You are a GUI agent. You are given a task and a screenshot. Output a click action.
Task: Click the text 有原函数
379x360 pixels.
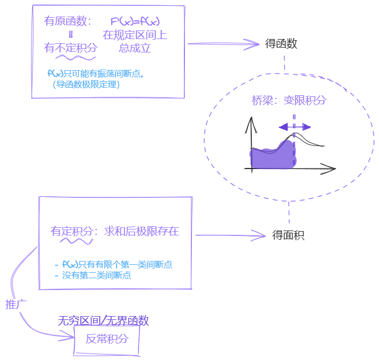68,21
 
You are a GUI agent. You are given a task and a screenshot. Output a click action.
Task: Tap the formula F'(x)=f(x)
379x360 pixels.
135,21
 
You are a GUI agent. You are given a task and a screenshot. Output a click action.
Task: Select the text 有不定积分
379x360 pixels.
71,48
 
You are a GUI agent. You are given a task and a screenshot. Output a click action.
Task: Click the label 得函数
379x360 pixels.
281,44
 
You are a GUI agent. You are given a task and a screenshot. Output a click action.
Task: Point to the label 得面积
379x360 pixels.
288,235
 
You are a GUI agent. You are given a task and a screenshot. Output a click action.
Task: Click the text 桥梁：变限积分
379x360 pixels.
289,100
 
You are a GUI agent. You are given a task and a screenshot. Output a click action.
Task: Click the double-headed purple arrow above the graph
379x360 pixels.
295,127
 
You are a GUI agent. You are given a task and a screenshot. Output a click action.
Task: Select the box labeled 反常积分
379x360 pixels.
107,339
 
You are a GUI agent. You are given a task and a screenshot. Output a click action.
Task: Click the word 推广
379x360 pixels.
16,304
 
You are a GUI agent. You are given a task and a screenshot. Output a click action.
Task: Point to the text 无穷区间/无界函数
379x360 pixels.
103,320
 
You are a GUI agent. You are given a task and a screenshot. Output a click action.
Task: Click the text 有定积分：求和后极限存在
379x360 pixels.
114,231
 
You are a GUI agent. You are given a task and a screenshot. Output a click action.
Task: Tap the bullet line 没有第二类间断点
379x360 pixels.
96,276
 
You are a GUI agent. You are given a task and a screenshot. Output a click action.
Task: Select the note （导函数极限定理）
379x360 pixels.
86,84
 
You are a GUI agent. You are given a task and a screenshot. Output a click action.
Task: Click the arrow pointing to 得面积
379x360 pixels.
230,235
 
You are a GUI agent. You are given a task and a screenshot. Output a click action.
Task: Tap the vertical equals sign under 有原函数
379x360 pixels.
71,35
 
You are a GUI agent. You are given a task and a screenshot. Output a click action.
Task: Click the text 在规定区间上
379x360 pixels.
135,35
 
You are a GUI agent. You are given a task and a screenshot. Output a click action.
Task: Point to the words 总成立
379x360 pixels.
135,48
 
